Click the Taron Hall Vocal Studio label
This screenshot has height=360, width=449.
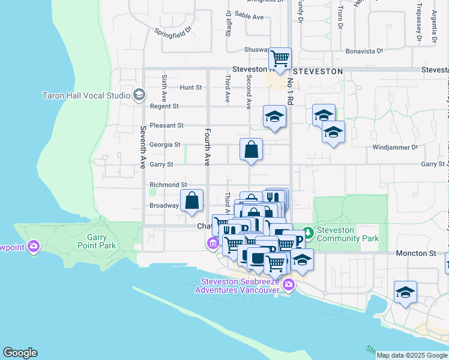point(86,95)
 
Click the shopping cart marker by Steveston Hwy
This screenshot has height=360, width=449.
point(280,59)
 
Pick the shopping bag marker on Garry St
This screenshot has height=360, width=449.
point(251,150)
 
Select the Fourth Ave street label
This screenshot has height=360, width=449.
point(208,146)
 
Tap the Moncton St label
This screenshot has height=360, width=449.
point(415,254)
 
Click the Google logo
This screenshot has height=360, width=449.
point(20,353)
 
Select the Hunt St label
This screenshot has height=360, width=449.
point(190,87)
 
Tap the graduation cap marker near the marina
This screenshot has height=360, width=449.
point(405,293)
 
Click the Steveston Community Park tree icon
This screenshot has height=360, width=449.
point(308,232)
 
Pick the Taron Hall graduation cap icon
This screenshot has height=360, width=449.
point(139,94)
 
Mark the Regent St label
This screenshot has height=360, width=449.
point(164,106)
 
